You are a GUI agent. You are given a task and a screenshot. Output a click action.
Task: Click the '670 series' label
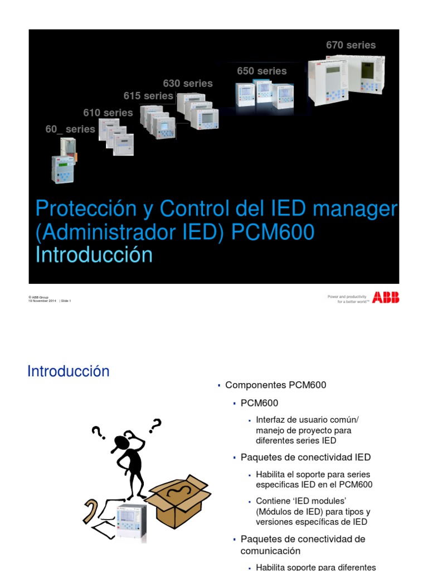click(351, 45)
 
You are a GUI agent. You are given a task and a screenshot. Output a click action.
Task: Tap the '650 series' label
click(261, 71)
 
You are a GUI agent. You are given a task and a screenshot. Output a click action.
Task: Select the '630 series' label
click(188, 83)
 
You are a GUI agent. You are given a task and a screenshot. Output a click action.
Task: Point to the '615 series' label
click(148, 96)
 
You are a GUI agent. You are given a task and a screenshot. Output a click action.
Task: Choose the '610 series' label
click(108, 113)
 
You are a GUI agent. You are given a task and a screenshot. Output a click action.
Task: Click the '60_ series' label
click(70, 129)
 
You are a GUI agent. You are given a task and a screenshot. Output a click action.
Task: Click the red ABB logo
click(386, 298)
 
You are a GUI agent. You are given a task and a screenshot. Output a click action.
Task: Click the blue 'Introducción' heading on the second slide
click(69, 371)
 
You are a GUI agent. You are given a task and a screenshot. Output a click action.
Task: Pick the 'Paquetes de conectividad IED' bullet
click(305, 457)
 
